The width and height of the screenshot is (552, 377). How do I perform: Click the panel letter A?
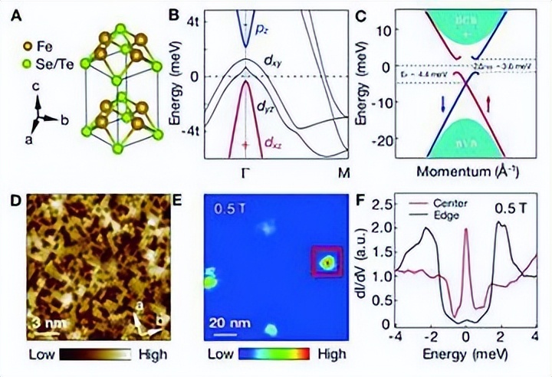point(18,13)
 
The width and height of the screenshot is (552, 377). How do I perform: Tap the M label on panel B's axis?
point(345,172)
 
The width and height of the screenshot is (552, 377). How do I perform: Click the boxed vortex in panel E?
point(328,262)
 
